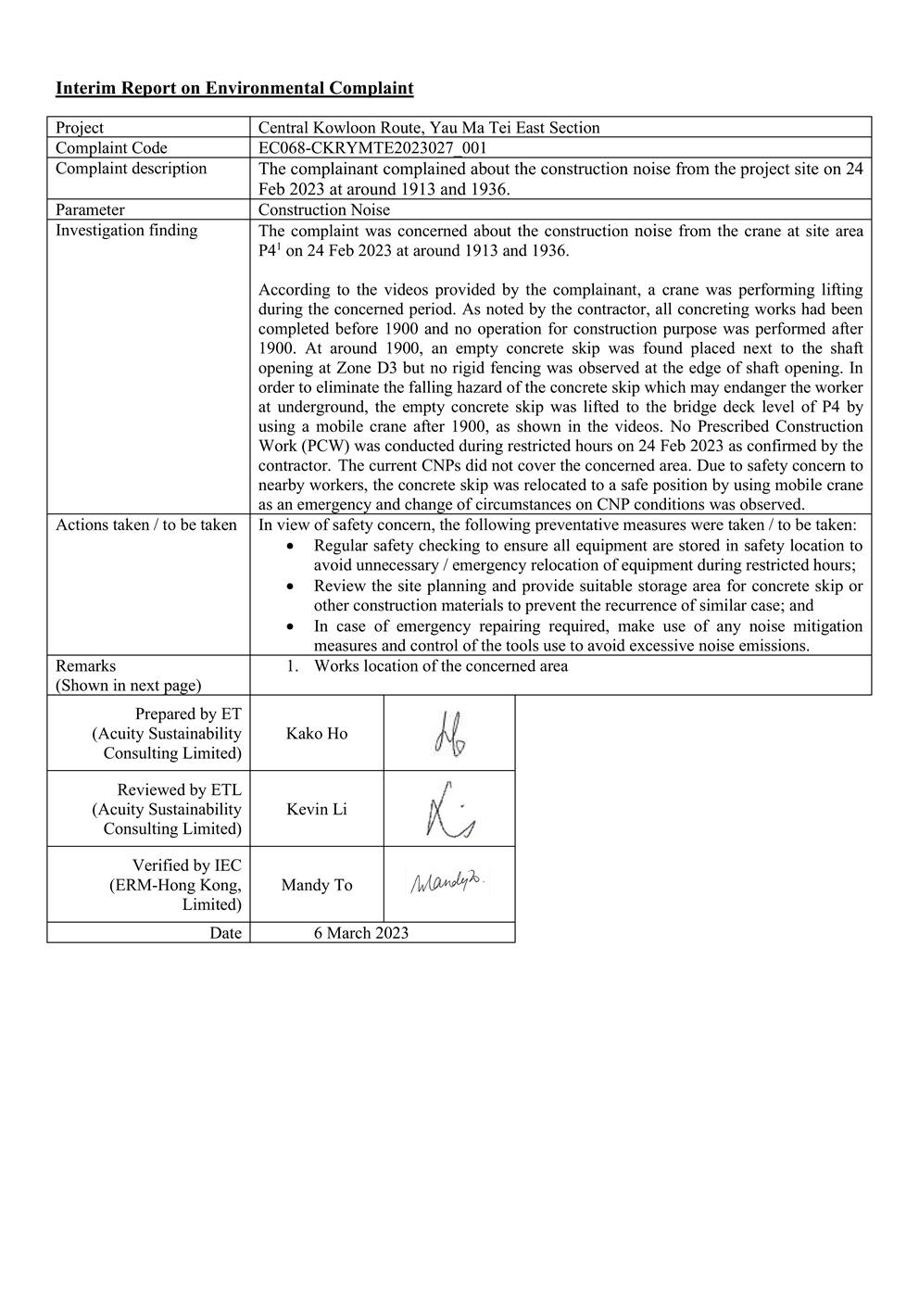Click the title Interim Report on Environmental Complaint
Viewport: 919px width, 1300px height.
tap(234, 88)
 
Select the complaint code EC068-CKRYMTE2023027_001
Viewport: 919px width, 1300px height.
tap(372, 148)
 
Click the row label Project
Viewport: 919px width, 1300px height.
tap(80, 128)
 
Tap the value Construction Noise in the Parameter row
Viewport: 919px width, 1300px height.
tap(324, 210)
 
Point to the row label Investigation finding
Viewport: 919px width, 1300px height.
tap(126, 231)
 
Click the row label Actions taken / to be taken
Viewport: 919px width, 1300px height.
tap(145, 525)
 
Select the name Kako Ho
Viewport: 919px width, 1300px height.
tap(317, 734)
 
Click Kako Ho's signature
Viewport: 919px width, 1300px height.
tap(449, 733)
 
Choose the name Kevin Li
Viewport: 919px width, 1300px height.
tap(317, 810)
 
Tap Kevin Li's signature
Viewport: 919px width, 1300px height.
tap(449, 809)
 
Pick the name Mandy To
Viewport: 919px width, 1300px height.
tap(317, 885)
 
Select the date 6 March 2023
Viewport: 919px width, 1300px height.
tap(360, 933)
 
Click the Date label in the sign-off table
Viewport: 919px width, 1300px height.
tap(225, 933)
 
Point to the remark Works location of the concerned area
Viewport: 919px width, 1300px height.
tap(440, 666)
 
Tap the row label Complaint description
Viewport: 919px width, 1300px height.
tap(131, 169)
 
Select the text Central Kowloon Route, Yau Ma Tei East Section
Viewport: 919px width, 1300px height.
tap(429, 128)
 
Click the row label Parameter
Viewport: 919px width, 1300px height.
tap(90, 210)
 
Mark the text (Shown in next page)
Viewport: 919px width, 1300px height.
tap(128, 686)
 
